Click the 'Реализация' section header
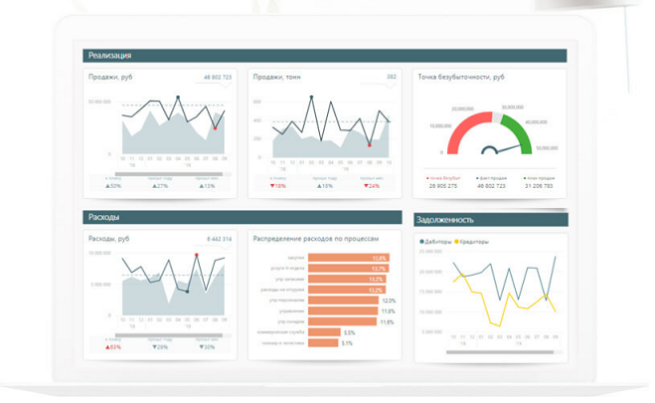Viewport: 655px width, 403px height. point(109,56)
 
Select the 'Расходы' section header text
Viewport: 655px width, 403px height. point(103,217)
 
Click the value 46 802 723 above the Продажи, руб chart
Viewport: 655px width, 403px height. point(217,77)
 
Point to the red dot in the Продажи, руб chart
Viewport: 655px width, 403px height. point(215,127)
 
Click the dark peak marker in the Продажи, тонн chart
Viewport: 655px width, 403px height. point(311,98)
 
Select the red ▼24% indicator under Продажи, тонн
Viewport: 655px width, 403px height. point(372,186)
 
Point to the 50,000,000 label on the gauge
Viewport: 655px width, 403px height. point(547,148)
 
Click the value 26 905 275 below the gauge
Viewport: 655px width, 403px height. point(443,186)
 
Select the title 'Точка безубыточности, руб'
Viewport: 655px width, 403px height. point(461,77)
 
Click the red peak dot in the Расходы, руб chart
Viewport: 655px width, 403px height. point(197,256)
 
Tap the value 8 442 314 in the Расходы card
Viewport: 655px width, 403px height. point(219,239)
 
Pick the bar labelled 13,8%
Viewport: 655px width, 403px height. point(348,258)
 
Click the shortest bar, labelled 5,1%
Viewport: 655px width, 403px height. point(323,343)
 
